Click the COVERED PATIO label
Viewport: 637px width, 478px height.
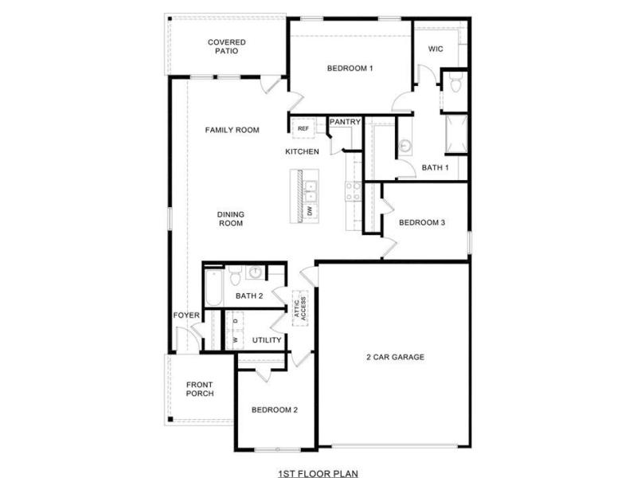point(227,47)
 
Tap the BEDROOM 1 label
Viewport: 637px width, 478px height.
point(350,69)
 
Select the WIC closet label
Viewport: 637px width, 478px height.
point(436,49)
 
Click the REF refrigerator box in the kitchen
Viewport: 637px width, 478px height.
point(303,128)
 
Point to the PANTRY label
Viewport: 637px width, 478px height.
point(345,122)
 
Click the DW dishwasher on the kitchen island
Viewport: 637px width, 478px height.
point(310,211)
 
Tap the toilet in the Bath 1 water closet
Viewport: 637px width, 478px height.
point(455,84)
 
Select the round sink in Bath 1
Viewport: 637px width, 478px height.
point(404,145)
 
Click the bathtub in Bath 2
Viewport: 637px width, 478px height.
point(214,288)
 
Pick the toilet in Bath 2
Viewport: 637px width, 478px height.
point(236,276)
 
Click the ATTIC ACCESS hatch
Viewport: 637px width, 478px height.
point(300,308)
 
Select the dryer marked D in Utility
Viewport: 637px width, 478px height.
point(235,321)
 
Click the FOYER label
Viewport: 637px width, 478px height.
point(186,315)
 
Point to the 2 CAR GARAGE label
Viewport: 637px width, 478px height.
point(395,357)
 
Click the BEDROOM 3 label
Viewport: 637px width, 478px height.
point(422,223)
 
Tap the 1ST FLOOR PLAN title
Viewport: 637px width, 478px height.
point(318,473)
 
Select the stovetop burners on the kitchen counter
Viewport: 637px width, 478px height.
point(353,191)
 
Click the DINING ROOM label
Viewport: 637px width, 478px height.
point(231,218)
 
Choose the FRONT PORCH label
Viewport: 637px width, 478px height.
point(200,389)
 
